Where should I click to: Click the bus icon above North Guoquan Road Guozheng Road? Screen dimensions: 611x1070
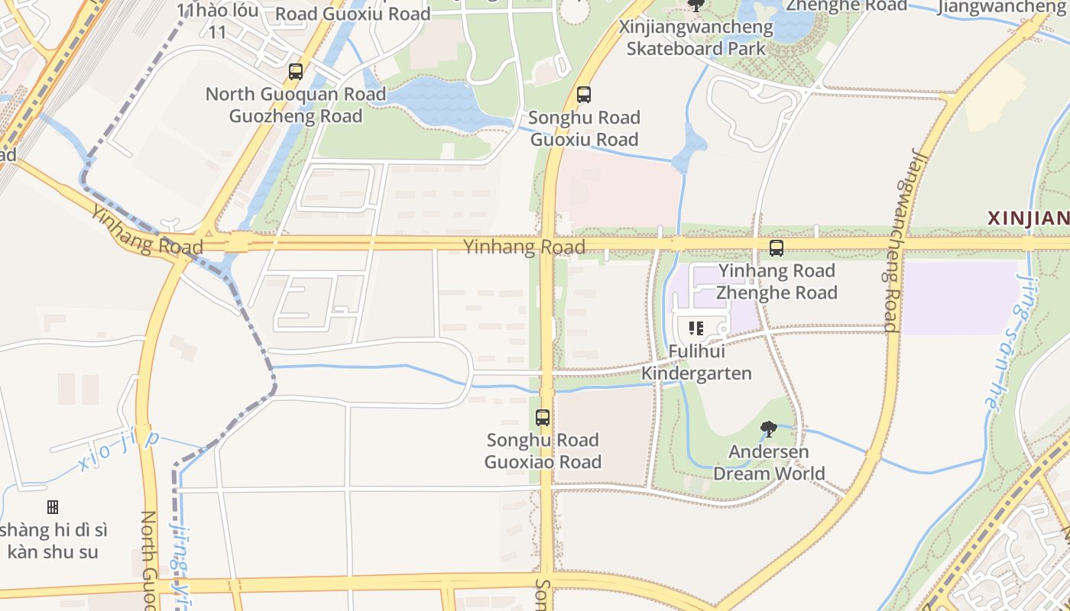click(296, 72)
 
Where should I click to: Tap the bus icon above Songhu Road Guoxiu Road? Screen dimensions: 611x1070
click(584, 95)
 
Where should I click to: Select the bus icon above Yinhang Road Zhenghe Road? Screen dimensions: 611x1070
click(777, 248)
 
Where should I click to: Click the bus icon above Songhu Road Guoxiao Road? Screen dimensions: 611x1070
click(543, 418)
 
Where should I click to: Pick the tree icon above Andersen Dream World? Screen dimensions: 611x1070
click(769, 429)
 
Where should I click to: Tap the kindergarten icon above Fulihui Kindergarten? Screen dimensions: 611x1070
click(696, 329)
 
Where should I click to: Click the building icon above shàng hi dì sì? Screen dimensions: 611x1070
click(53, 507)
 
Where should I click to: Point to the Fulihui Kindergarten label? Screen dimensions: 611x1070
click(696, 363)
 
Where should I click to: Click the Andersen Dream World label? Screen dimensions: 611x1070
click(769, 462)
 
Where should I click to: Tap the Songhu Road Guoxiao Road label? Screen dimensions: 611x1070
click(543, 451)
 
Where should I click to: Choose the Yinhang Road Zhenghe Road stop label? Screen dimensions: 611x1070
click(777, 281)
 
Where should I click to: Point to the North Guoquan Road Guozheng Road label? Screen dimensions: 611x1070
click(296, 105)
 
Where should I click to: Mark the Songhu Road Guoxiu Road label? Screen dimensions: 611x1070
click(584, 128)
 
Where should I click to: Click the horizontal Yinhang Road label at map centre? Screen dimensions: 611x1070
click(524, 246)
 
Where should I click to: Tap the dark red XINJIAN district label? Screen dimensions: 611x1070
click(1028, 218)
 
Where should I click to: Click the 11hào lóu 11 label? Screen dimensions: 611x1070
click(217, 21)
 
